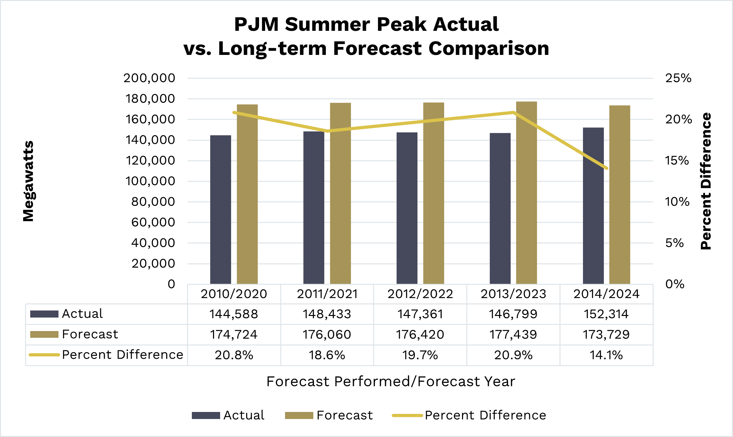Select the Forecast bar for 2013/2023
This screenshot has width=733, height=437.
point(526,193)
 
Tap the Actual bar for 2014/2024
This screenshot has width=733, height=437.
point(593,205)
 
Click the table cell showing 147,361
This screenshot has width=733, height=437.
point(420,314)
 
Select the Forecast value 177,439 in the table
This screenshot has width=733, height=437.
point(513,335)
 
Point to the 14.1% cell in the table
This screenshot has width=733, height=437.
point(606,355)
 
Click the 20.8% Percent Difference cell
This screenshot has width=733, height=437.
point(234,355)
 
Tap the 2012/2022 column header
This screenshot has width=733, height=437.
point(420,294)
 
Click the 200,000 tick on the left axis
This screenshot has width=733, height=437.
point(149,78)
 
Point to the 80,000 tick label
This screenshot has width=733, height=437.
point(153,202)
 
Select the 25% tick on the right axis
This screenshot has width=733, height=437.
point(678,78)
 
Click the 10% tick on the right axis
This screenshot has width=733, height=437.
point(677,202)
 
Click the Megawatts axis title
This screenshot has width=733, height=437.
point(28,181)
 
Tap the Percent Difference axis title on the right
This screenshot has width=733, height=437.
point(706,181)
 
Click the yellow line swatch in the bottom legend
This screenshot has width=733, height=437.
point(407,415)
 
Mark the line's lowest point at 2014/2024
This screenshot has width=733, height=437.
point(606,168)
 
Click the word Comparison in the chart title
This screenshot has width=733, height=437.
point(488,48)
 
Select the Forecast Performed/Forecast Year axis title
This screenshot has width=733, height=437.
point(391,381)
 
